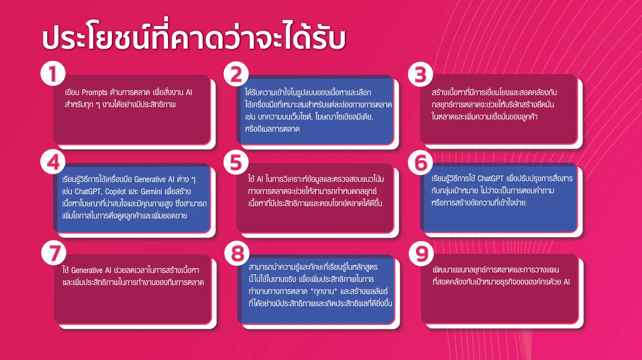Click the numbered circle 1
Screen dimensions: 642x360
click(x=53, y=73)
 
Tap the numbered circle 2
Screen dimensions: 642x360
click(x=236, y=74)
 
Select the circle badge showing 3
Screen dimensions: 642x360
click(x=421, y=74)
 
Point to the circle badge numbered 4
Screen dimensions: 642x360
click(x=53, y=162)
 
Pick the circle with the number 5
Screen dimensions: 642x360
click(x=236, y=162)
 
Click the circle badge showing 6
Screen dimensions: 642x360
click(x=421, y=162)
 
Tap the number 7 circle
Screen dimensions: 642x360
click(x=54, y=253)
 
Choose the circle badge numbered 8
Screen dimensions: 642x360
click(x=237, y=254)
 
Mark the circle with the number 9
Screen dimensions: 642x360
click(x=421, y=254)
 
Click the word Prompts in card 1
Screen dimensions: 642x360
click(x=94, y=92)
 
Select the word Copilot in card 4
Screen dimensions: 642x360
click(x=116, y=192)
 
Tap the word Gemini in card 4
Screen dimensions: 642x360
click(x=151, y=192)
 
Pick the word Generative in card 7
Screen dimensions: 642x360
click(x=87, y=270)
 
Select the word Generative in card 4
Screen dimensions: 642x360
click(x=150, y=179)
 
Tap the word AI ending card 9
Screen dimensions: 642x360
click(x=567, y=282)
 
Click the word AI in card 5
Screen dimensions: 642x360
click(x=260, y=179)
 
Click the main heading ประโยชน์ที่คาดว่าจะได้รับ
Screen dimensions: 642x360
click(x=194, y=36)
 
